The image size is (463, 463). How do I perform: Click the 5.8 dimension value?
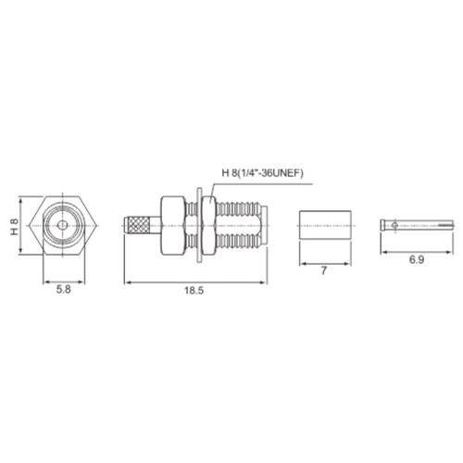(x=64, y=290)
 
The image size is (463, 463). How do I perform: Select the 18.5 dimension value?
(x=194, y=291)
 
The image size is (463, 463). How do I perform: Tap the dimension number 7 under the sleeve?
(x=323, y=270)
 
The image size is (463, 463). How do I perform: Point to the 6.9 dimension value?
(x=417, y=260)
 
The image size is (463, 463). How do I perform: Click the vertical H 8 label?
(x=15, y=227)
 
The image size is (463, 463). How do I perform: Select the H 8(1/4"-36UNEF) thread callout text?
(x=263, y=173)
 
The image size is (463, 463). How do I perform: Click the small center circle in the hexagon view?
(x=63, y=225)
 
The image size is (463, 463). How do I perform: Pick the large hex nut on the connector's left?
(x=173, y=226)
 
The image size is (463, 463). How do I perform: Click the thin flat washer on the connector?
(x=199, y=226)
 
